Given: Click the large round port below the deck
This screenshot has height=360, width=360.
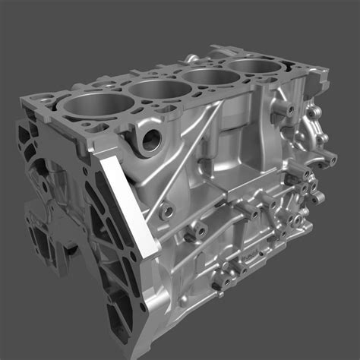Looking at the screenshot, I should point(150,138).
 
